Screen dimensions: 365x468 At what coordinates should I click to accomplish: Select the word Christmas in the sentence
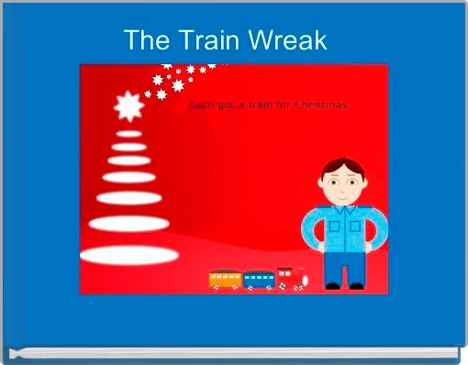(321, 106)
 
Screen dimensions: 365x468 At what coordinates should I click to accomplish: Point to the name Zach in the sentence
(200, 106)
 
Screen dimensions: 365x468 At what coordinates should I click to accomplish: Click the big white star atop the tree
(128, 108)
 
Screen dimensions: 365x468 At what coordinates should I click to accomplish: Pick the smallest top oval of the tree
(128, 134)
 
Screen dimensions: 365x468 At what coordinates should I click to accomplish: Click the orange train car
(224, 279)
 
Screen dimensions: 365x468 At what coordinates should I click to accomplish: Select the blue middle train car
(259, 280)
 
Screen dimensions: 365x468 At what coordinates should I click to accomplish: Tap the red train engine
(292, 278)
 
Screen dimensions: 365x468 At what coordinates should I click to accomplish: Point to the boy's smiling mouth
(342, 195)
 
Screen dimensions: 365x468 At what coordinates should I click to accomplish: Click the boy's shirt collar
(343, 208)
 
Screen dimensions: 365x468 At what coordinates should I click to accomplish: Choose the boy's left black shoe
(332, 286)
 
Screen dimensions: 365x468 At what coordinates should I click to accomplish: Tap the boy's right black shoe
(356, 286)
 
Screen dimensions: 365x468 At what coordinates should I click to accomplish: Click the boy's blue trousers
(344, 266)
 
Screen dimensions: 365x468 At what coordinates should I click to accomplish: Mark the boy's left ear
(322, 185)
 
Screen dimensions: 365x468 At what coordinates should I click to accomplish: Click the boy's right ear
(364, 185)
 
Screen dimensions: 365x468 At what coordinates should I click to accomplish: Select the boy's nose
(342, 188)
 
